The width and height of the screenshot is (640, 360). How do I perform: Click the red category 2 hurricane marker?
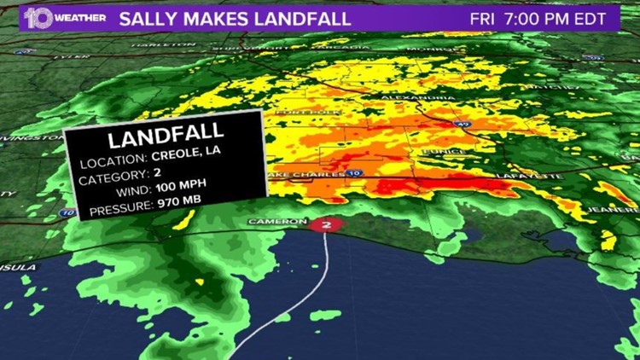pyautogui.click(x=325, y=225)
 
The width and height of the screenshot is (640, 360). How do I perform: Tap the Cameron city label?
pyautogui.click(x=276, y=222)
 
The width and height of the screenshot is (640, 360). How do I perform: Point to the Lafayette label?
pyautogui.click(x=536, y=176)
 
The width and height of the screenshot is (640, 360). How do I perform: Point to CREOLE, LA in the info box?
pyautogui.click(x=182, y=156)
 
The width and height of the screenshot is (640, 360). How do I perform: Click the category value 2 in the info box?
pyautogui.click(x=157, y=171)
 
